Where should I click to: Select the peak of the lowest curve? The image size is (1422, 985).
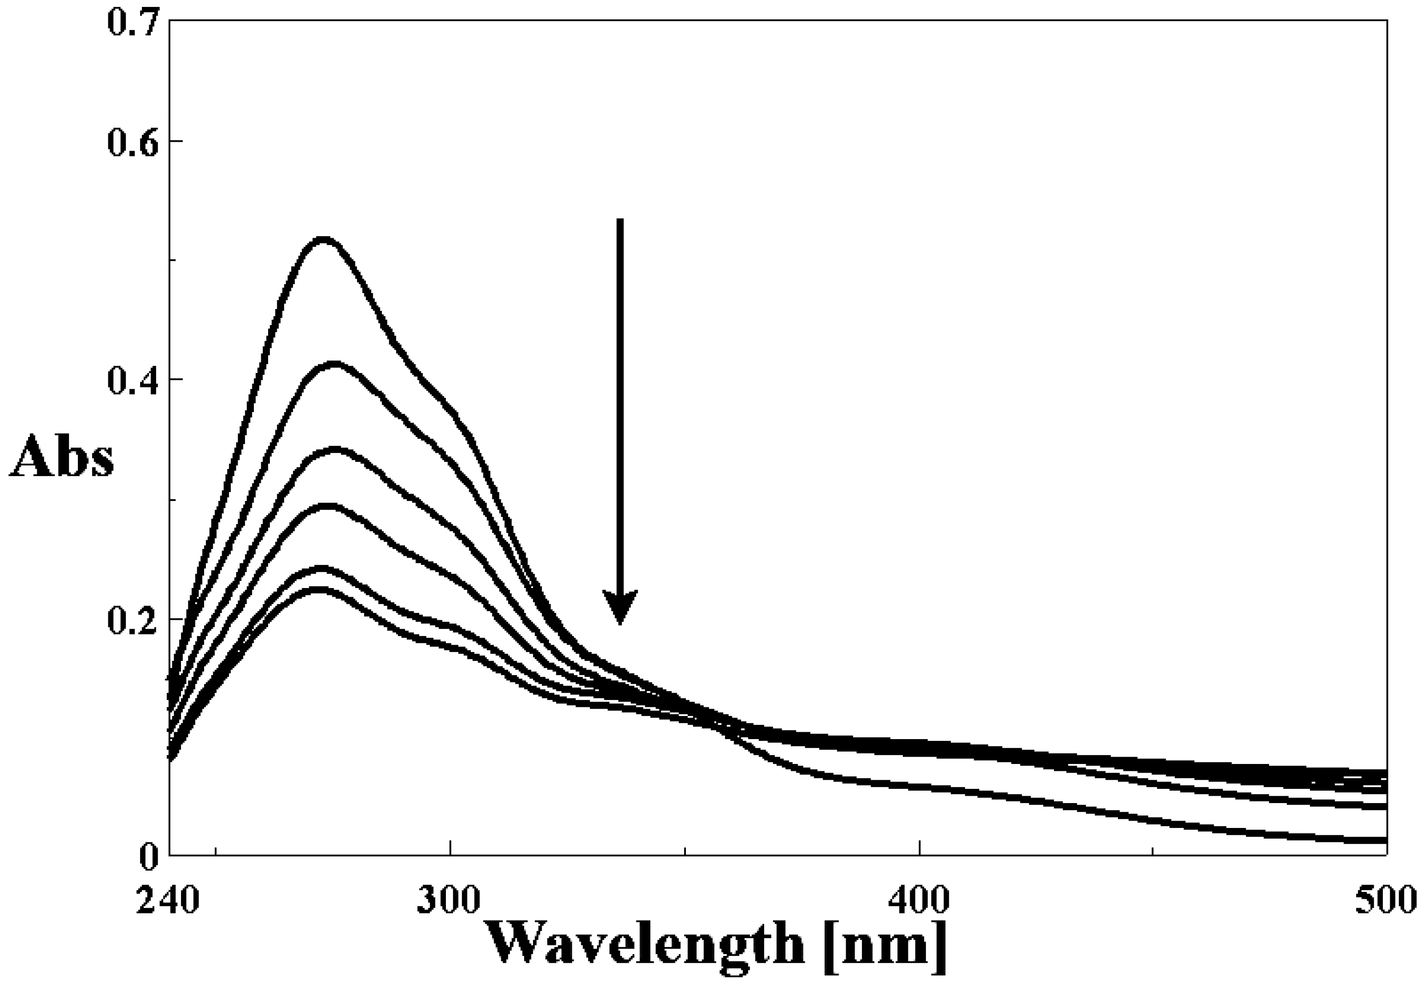(x=316, y=590)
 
